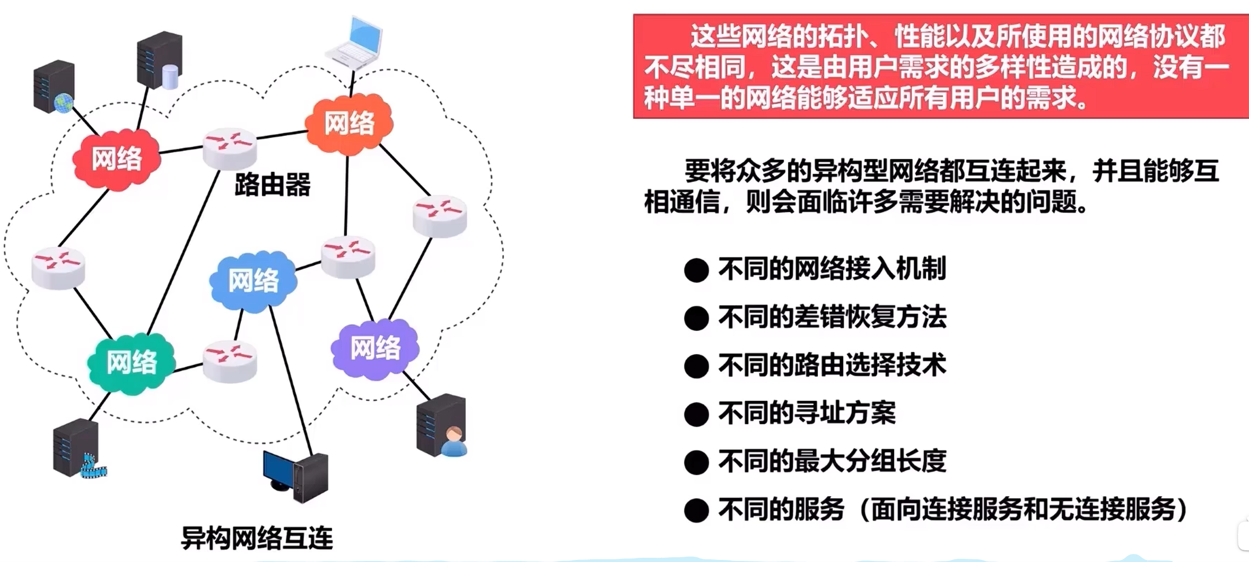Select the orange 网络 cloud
(349, 124)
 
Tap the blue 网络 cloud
(254, 280)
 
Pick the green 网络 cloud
(132, 363)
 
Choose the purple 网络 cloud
(375, 348)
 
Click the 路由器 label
(273, 185)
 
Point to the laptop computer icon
(354, 43)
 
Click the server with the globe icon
(54, 87)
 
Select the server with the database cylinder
(160, 60)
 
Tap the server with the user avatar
(442, 426)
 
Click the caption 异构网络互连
(257, 539)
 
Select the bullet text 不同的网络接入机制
(832, 268)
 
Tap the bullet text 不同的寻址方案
(807, 413)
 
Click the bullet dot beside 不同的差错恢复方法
(696, 318)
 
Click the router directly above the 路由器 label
(230, 147)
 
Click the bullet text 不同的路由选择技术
(832, 365)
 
